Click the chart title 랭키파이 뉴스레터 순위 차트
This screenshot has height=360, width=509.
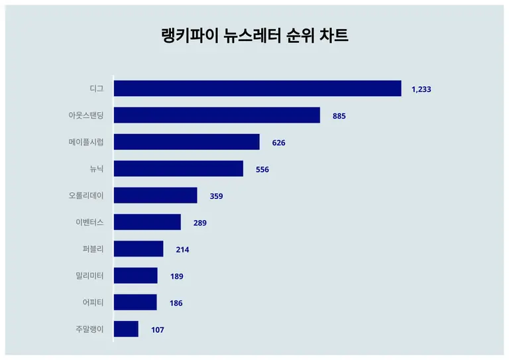tap(254, 36)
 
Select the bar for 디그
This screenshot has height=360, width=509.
tap(257, 88)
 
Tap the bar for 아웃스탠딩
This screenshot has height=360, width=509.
tap(217, 115)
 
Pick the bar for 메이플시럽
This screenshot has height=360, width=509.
tap(186, 142)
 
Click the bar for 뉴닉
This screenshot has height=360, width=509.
tap(178, 168)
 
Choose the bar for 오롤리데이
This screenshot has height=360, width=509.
tap(155, 196)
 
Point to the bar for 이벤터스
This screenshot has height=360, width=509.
tap(147, 222)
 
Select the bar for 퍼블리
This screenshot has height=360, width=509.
tap(139, 249)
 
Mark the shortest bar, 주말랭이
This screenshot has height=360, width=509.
tap(126, 329)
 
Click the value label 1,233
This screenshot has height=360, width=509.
tap(422, 89)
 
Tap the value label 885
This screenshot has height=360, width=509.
tap(339, 116)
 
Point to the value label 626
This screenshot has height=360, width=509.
tap(278, 143)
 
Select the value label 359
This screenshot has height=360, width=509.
tap(216, 196)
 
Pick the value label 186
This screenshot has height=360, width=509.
tap(176, 303)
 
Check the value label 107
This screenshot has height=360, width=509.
tap(157, 330)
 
